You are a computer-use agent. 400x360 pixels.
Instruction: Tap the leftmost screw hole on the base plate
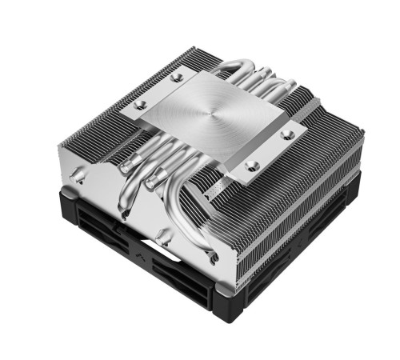pyautogui.click(x=141, y=105)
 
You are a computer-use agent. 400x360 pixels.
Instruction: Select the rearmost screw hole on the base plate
pyautogui.click(x=178, y=78)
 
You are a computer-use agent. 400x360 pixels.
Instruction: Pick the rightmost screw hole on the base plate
pyautogui.click(x=289, y=133)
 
